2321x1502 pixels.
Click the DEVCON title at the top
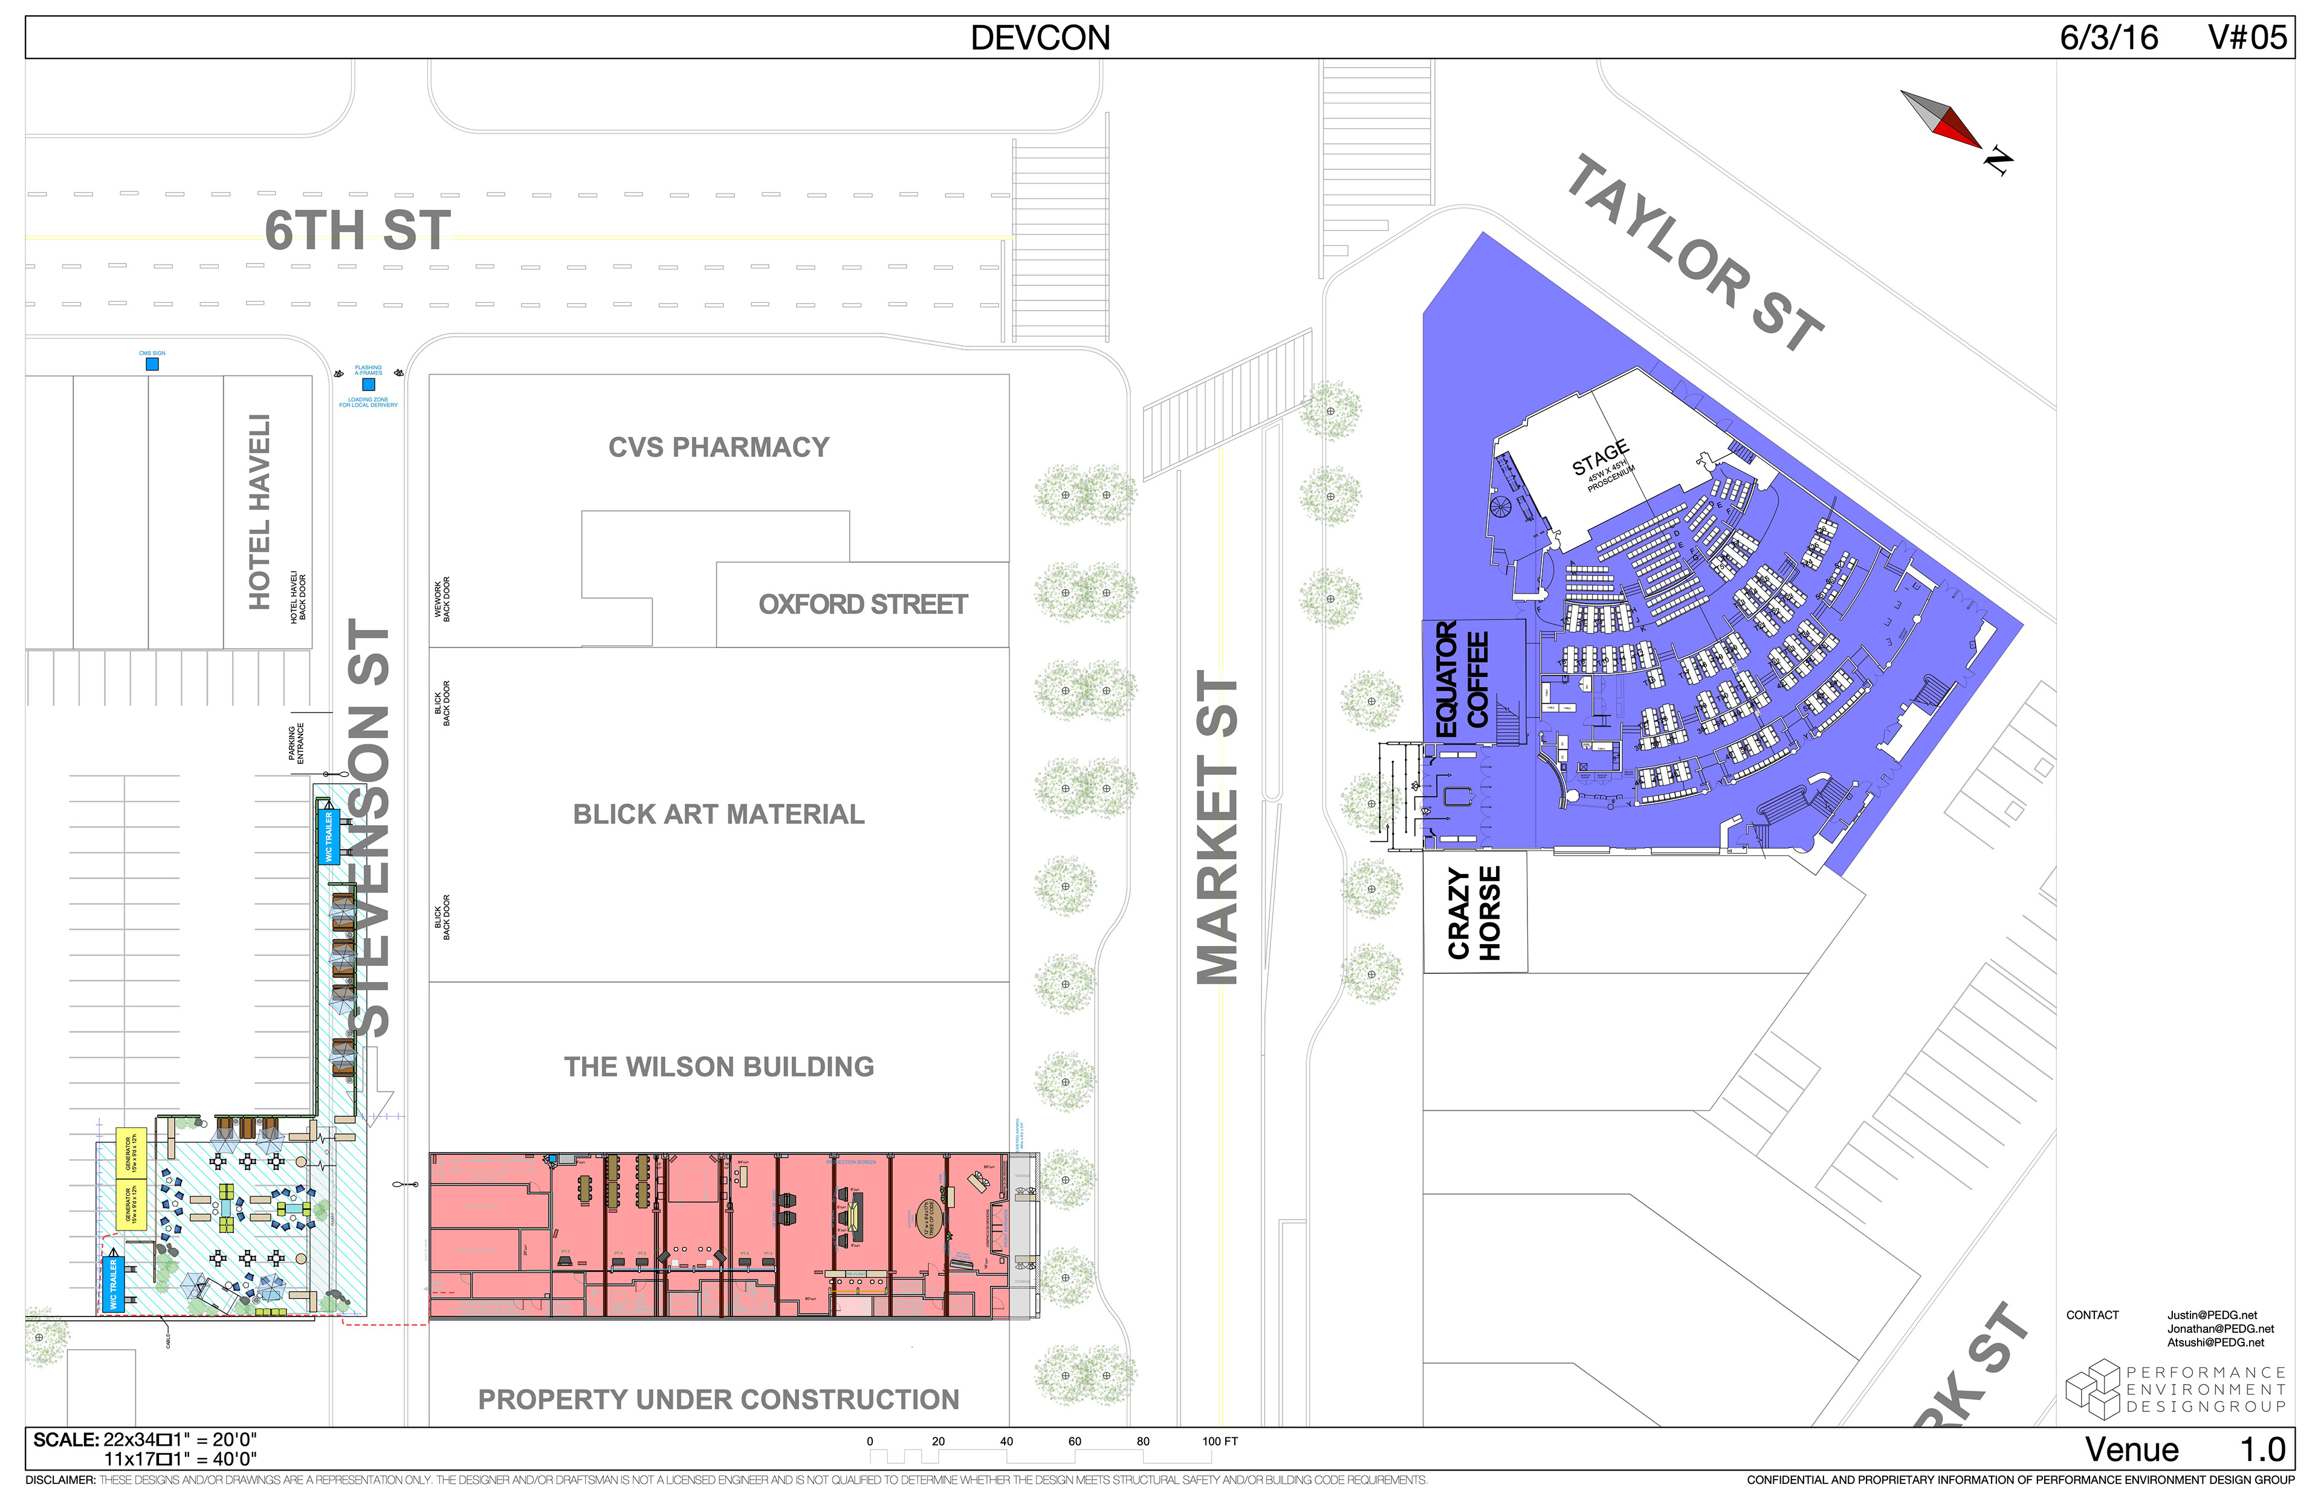1040,38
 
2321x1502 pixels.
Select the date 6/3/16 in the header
2108,38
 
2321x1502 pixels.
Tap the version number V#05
2247,38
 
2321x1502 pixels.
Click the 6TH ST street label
357,230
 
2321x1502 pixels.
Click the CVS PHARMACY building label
719,448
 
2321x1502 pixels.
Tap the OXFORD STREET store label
863,604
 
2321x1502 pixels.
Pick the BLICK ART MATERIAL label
719,814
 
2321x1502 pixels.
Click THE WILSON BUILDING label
719,1067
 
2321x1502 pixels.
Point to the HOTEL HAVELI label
259,512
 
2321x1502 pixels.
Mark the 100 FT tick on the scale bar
1219,1442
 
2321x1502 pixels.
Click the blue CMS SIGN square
152,364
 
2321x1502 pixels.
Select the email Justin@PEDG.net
2212,1315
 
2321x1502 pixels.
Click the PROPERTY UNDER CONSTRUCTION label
719,1400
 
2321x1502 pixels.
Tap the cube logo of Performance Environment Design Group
2092,1389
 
